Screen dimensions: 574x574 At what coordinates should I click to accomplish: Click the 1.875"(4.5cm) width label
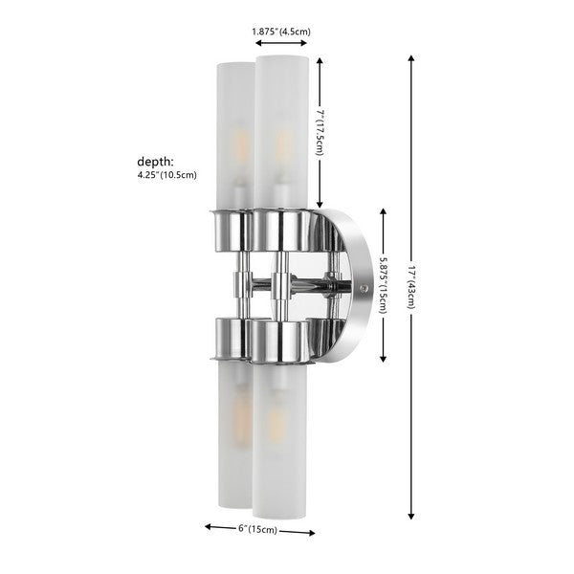point(281,32)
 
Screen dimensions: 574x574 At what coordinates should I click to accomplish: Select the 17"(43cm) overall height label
point(412,285)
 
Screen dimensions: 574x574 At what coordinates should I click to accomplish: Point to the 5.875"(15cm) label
point(384,288)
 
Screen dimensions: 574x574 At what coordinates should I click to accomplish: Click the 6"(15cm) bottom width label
point(258,529)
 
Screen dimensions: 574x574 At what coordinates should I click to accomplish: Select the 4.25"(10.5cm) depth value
point(167,175)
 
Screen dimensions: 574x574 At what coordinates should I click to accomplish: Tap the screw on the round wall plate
point(363,284)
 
